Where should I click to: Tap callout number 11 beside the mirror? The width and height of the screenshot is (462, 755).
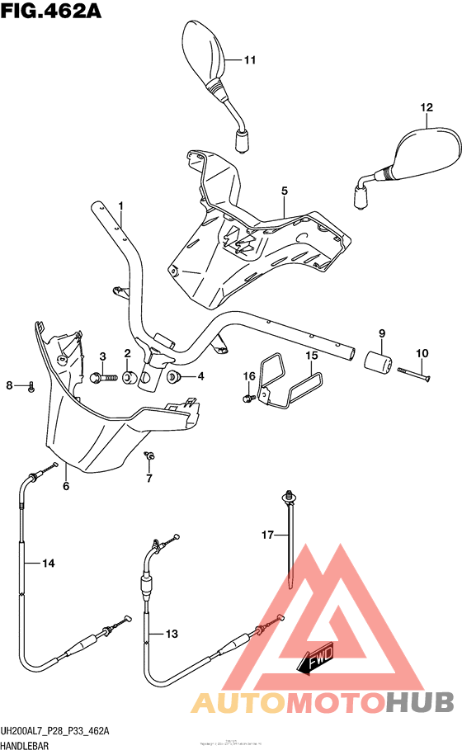pos(250,59)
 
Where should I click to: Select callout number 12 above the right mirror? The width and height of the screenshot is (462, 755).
pos(426,108)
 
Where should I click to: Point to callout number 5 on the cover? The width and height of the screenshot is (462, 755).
pos(284,191)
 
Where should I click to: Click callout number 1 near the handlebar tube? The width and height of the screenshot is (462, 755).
pos(120,205)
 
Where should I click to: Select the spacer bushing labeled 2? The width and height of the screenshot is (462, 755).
pos(129,378)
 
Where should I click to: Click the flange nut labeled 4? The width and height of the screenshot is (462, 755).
pos(174,377)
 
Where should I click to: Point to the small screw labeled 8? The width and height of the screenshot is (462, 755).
pos(31,386)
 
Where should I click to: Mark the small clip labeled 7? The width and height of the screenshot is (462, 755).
pos(150,456)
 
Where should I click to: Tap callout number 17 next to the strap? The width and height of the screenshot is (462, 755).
pos(267,536)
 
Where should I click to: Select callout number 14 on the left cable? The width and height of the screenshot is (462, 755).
pos(49,564)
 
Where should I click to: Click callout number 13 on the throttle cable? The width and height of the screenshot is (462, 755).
pos(171,635)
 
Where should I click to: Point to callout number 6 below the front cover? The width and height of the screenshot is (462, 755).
pos(66,486)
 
